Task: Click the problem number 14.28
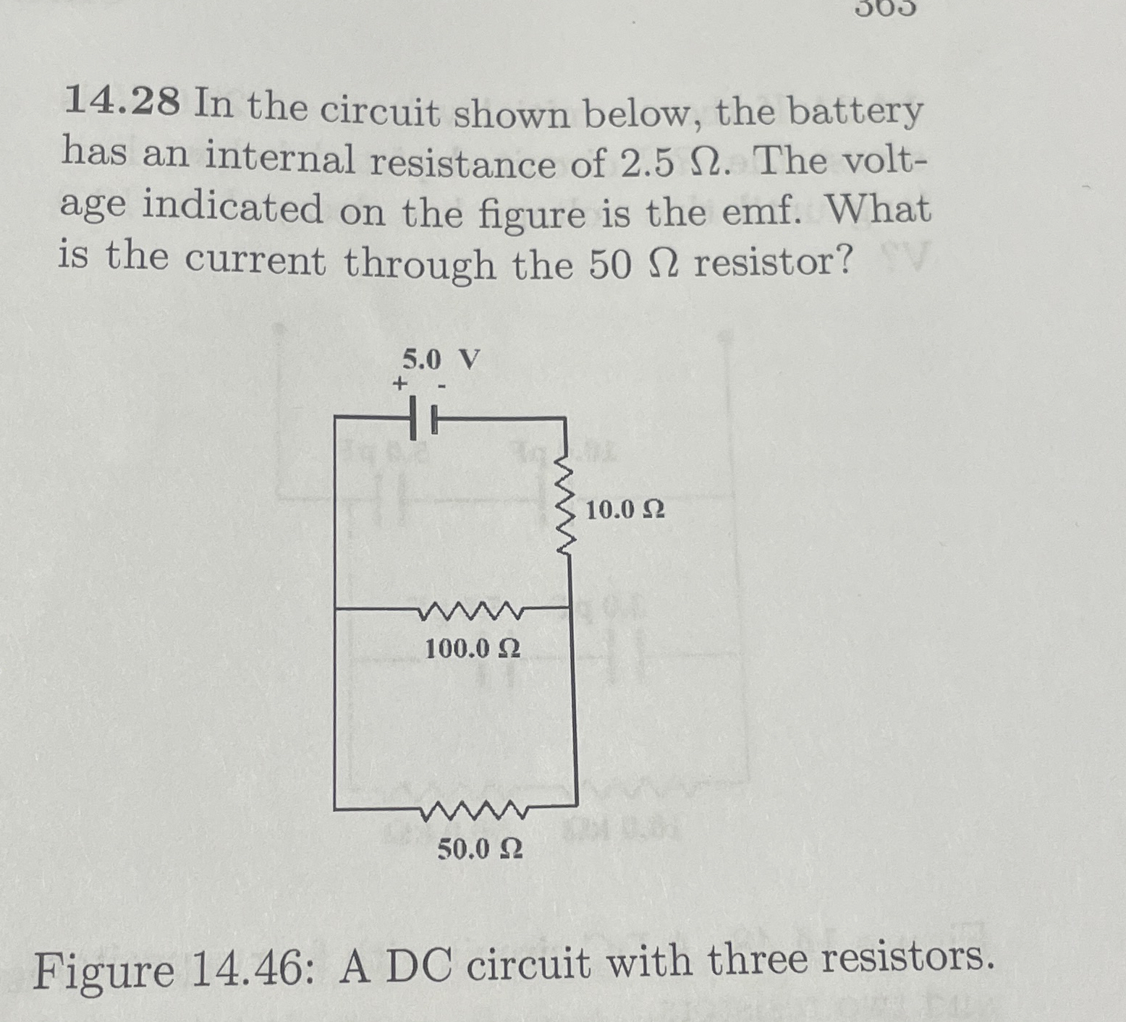click(x=122, y=103)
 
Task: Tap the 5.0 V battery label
click(x=441, y=359)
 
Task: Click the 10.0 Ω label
click(x=625, y=511)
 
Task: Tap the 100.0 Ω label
click(x=472, y=649)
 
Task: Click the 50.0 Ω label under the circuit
click(x=479, y=849)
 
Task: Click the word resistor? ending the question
click(x=773, y=262)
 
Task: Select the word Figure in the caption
click(x=103, y=973)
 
